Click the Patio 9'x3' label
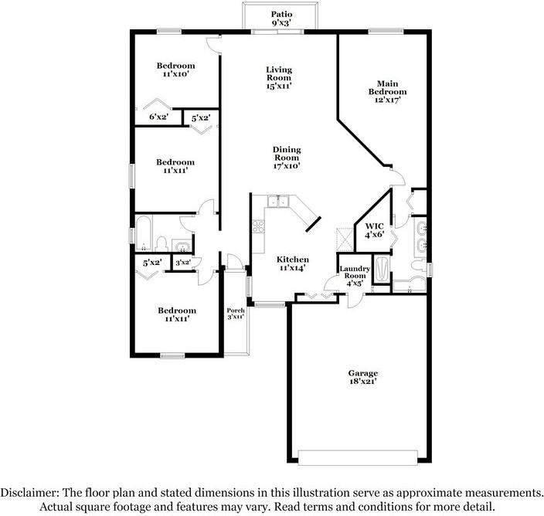click(x=281, y=19)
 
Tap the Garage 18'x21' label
click(x=363, y=377)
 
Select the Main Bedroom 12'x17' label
click(x=388, y=92)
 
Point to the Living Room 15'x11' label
click(x=279, y=78)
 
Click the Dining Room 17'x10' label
click(x=287, y=158)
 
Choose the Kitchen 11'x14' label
click(x=292, y=263)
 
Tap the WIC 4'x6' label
click(x=374, y=231)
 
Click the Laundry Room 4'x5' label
click(x=355, y=276)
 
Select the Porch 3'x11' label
click(x=236, y=314)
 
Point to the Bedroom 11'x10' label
click(x=175, y=70)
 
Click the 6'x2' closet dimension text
click(x=159, y=117)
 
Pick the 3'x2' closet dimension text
click(x=183, y=263)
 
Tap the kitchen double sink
click(x=278, y=201)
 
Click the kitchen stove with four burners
click(x=258, y=226)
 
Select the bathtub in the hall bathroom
click(x=143, y=233)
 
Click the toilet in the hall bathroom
click(x=161, y=244)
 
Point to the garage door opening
click(x=358, y=458)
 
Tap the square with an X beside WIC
click(x=345, y=239)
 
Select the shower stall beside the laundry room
click(x=381, y=269)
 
